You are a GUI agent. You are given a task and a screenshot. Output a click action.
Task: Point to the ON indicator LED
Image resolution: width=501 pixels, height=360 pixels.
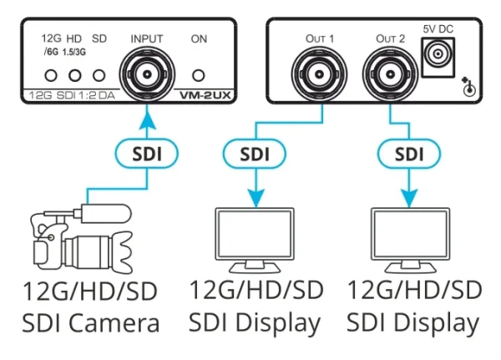click(x=200, y=74)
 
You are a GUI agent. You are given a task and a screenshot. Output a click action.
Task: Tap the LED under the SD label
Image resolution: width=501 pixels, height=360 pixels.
click(x=100, y=75)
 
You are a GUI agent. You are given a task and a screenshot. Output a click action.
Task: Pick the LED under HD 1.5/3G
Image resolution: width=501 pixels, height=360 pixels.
click(x=77, y=75)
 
